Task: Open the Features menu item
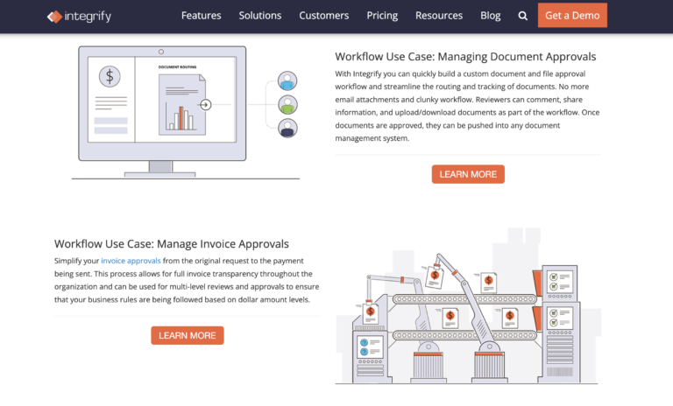click(201, 16)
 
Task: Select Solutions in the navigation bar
click(259, 16)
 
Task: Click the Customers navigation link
click(323, 16)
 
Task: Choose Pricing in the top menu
click(381, 16)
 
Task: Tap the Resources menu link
click(438, 16)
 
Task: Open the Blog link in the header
click(490, 16)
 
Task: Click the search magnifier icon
click(523, 16)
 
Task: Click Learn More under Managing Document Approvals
click(468, 174)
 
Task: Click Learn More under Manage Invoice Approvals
click(188, 335)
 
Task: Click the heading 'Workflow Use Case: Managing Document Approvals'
click(465, 57)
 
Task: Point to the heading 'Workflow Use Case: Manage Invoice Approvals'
click(172, 244)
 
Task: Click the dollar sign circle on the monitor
click(110, 76)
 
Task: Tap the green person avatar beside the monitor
click(287, 105)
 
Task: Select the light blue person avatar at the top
click(287, 81)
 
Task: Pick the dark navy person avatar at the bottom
click(287, 129)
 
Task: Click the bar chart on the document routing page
click(182, 117)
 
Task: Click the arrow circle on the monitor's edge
click(205, 105)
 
